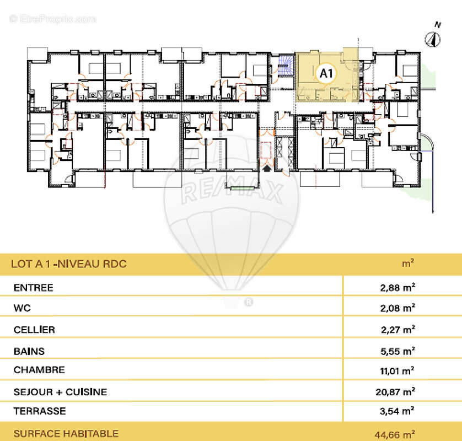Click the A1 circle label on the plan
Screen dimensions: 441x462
(x=326, y=72)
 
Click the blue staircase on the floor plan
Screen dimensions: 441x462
(x=286, y=67)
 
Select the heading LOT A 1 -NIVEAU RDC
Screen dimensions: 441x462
(x=69, y=264)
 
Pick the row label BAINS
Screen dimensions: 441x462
(x=29, y=351)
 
